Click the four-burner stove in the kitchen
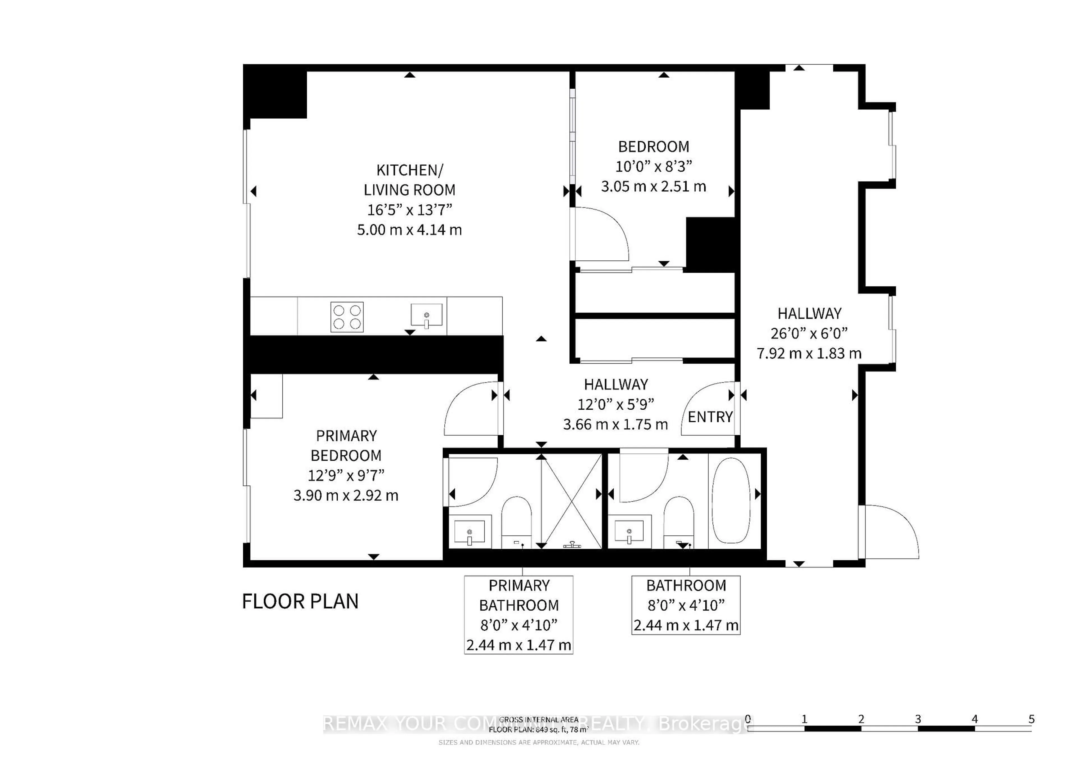[x=347, y=317]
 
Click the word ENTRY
[x=710, y=417]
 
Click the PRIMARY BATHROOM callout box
[x=518, y=615]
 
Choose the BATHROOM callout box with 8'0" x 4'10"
[x=686, y=605]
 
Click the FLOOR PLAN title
[x=300, y=602]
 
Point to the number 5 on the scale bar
[x=1031, y=719]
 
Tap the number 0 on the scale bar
[x=748, y=719]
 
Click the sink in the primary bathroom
[x=470, y=532]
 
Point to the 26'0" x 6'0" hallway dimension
[x=809, y=333]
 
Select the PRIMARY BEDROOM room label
[x=346, y=446]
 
